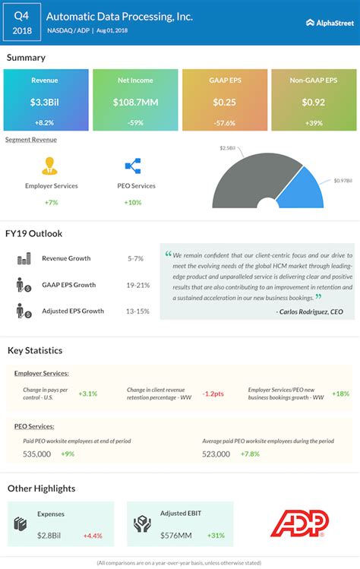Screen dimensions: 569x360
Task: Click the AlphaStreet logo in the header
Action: click(x=330, y=23)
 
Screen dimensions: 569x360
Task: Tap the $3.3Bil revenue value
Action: click(x=46, y=103)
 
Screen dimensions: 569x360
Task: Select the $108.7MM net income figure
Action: click(x=135, y=103)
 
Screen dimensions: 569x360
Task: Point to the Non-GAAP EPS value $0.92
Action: click(x=313, y=103)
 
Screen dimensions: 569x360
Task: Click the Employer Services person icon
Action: click(x=51, y=166)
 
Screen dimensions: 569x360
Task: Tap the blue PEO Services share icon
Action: click(x=132, y=166)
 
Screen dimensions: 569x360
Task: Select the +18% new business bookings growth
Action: click(x=340, y=394)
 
